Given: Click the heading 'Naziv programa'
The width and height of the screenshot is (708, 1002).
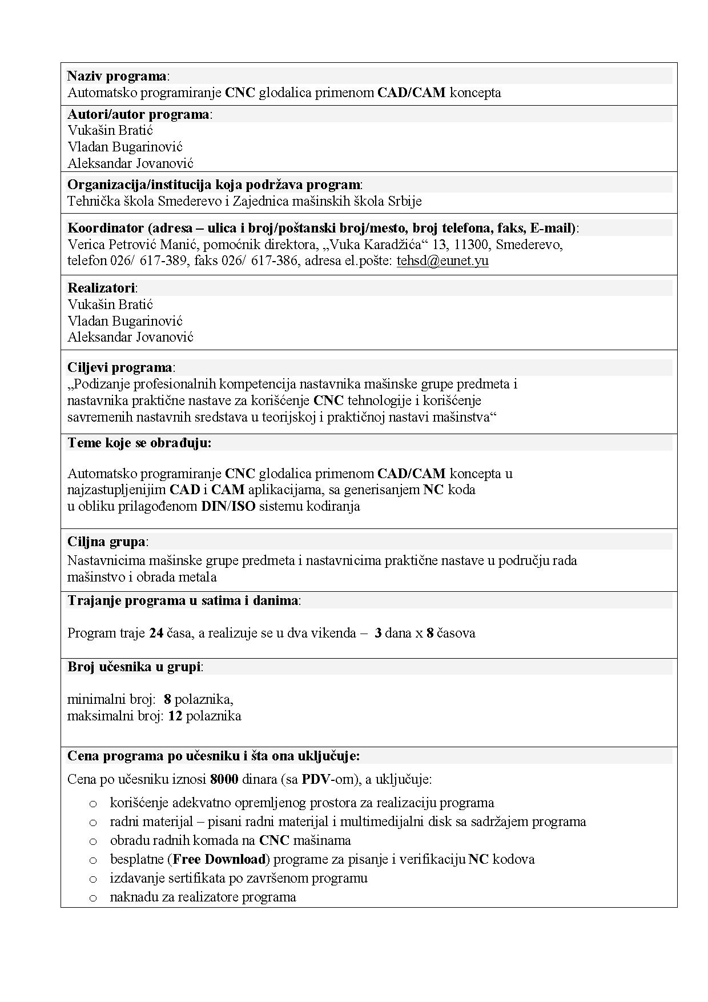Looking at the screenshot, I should pos(117,76).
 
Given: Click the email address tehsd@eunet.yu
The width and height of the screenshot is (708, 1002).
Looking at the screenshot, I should pos(442,261).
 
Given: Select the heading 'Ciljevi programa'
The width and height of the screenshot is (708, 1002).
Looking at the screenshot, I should pos(120,367).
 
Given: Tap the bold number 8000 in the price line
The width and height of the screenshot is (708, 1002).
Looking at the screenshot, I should pos(224,779).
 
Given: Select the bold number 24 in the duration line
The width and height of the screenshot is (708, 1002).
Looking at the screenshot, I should pos(156,633).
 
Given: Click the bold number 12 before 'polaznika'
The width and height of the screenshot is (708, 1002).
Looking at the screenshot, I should pos(175,716).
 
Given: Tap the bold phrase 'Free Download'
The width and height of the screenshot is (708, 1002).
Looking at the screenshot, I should pos(219,859).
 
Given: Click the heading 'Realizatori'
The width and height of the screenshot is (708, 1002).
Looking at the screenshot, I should pos(102,288).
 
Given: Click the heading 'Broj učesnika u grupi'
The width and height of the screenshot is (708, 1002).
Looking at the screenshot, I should pos(134,667).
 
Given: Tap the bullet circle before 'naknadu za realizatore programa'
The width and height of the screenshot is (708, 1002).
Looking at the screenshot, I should pos(93,898).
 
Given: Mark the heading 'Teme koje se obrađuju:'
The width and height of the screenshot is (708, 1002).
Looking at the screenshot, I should pos(139,443).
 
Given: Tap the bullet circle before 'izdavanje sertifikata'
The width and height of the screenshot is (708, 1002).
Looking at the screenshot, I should pos(93,879).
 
